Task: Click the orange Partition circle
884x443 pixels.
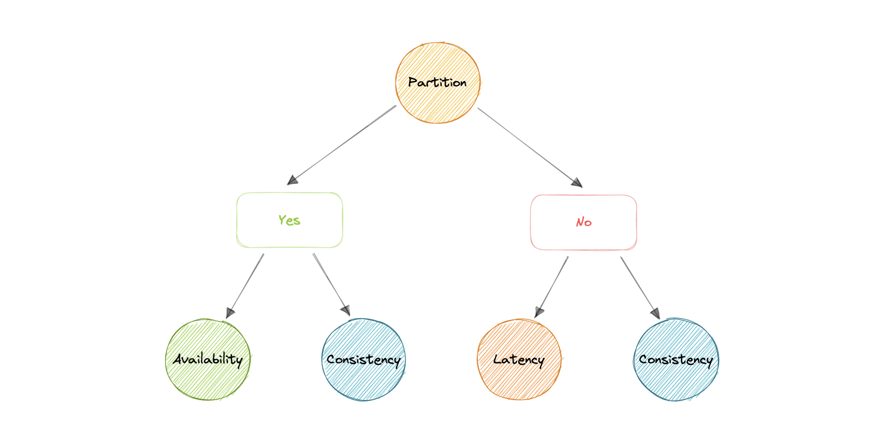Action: pyautogui.click(x=437, y=103)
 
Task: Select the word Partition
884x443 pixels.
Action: pyautogui.click(x=437, y=82)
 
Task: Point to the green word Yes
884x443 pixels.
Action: pyautogui.click(x=289, y=220)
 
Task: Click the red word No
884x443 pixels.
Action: pyautogui.click(x=584, y=222)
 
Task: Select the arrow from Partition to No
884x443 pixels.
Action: pyautogui.click(x=529, y=147)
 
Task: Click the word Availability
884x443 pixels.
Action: pyautogui.click(x=208, y=359)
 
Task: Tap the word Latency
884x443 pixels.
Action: pyautogui.click(x=519, y=360)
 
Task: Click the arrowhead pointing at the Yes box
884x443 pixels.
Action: pyautogui.click(x=293, y=180)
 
